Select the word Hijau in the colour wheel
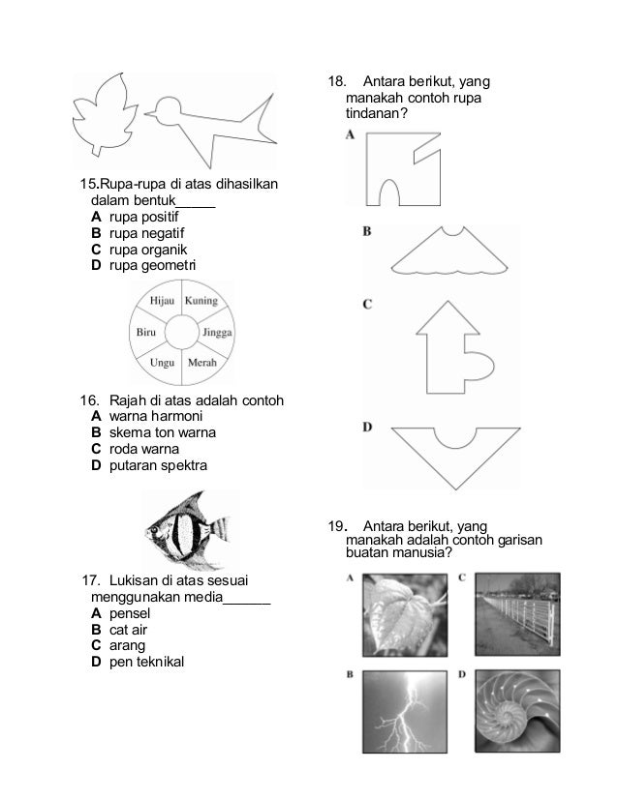click(x=161, y=301)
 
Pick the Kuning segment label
click(x=201, y=301)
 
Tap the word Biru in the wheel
click(x=144, y=332)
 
